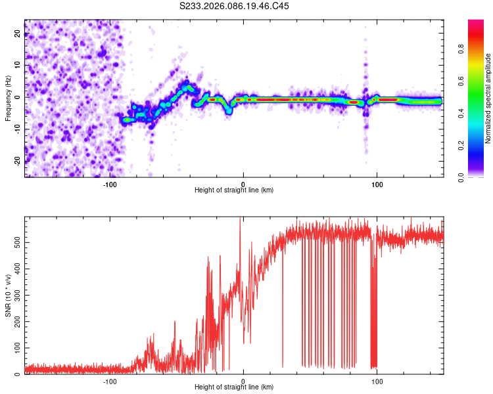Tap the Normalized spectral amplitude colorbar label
click(x=488, y=98)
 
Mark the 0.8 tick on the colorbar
click(x=478, y=49)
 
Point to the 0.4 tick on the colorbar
click(x=478, y=113)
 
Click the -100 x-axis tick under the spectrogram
click(x=110, y=183)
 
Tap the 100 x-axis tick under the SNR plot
click(x=377, y=381)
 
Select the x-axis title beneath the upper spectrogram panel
click(x=234, y=190)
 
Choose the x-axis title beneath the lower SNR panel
click(x=234, y=387)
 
